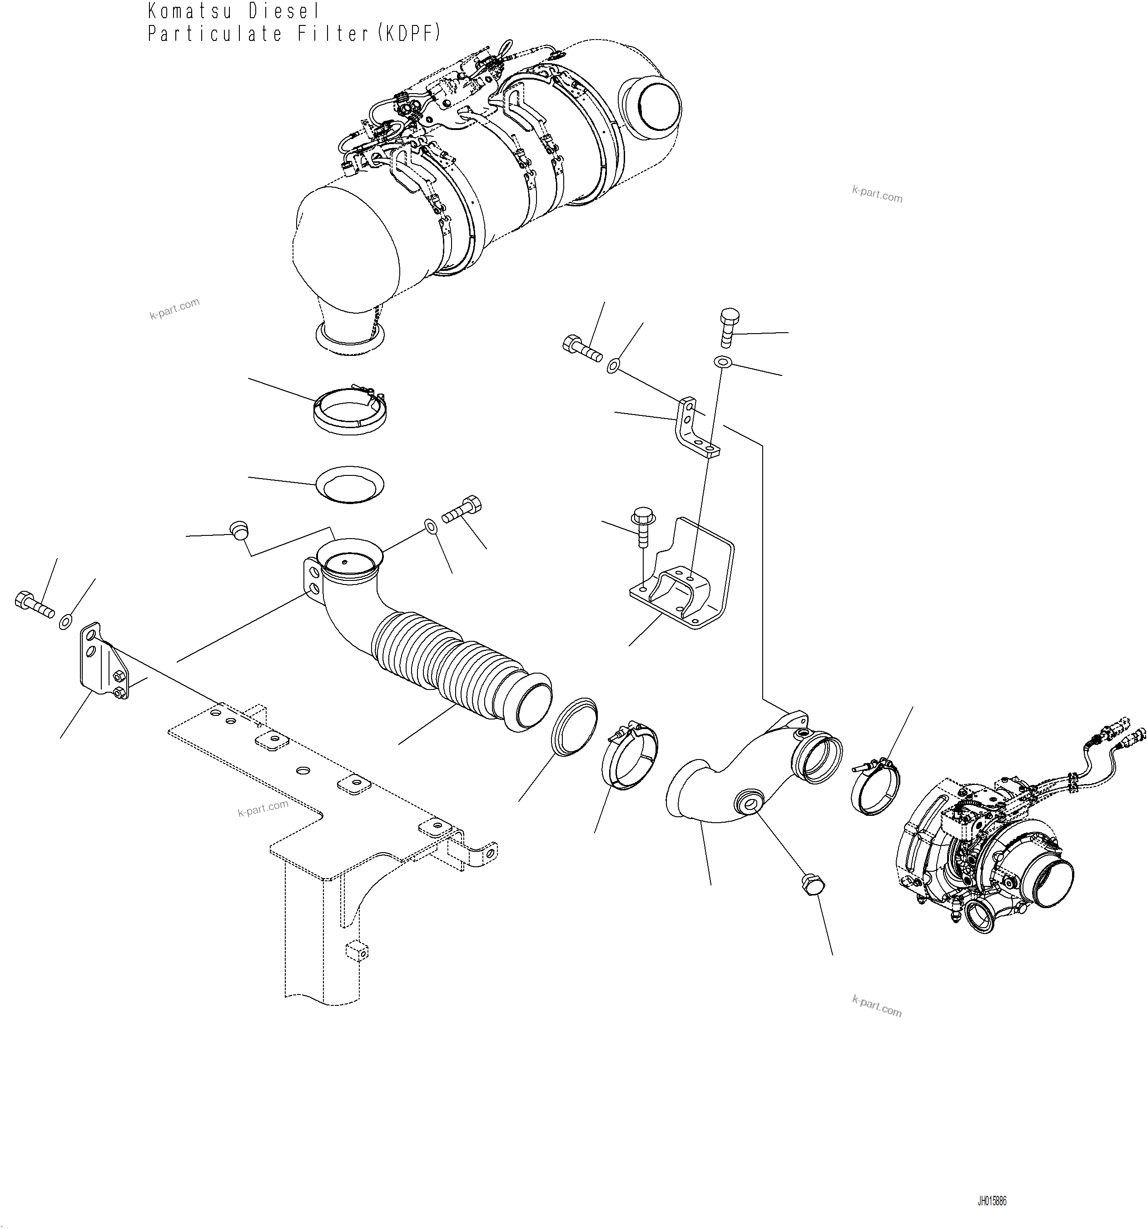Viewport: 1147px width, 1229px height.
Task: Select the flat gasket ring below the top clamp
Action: tap(349, 484)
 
